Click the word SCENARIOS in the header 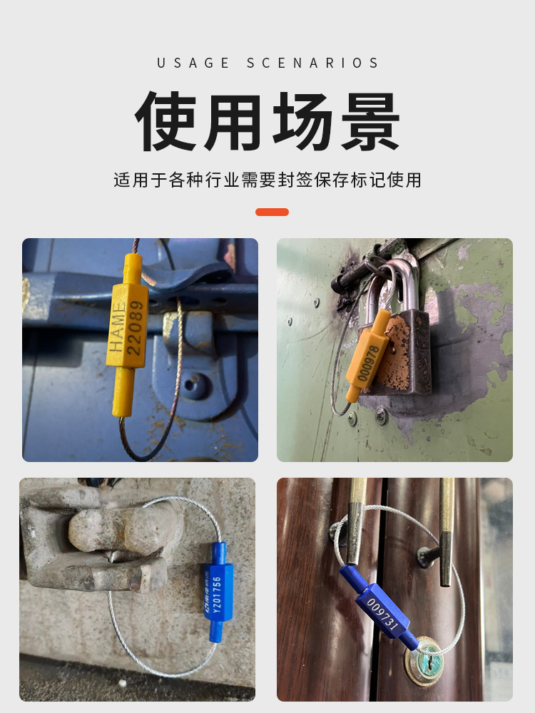coord(313,63)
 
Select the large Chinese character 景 coord(368,121)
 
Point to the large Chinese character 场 coord(302,121)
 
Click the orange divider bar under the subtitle coord(272,212)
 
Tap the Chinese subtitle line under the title coord(267,180)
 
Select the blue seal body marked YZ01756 coord(216,592)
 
